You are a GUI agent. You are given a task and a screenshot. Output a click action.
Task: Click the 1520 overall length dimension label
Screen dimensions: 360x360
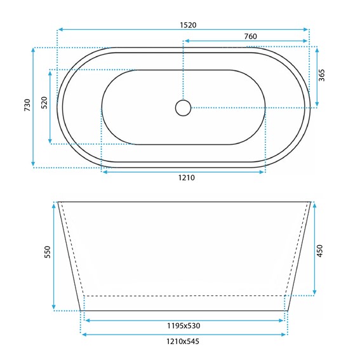point(189,25)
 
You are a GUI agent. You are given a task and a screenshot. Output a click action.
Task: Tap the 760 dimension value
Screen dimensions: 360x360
point(250,36)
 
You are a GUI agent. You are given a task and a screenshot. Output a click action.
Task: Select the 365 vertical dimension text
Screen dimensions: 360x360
point(322,75)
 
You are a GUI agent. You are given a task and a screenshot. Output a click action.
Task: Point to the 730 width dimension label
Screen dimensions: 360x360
point(27,105)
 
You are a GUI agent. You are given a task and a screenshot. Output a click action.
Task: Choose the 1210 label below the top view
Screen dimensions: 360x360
point(187,178)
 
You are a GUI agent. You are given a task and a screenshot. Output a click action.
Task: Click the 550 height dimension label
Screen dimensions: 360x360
point(47,252)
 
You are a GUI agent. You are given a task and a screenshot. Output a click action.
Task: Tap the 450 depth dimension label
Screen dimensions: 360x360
point(319,251)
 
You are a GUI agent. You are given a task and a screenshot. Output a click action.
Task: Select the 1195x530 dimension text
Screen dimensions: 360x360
point(183,326)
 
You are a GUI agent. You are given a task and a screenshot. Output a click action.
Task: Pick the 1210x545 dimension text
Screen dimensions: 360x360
point(183,342)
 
